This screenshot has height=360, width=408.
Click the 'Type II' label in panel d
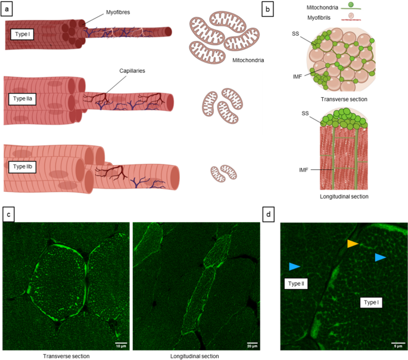[x=295, y=284]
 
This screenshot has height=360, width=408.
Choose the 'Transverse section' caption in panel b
[x=343, y=99]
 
